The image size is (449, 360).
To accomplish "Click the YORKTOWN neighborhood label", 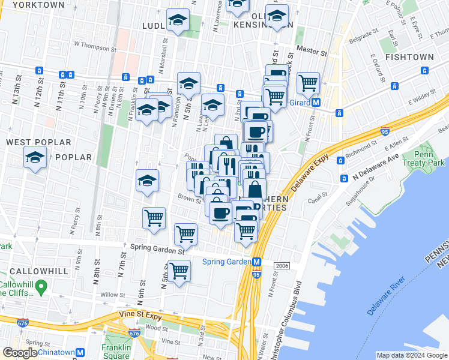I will click(x=38, y=5).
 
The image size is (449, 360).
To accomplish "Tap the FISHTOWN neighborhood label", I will click(x=409, y=57).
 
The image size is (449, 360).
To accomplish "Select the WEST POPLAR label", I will click(x=38, y=143).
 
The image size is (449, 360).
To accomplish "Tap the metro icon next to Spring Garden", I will click(x=256, y=262).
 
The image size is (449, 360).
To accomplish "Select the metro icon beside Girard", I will click(x=316, y=103).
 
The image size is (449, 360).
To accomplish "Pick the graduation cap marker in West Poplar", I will click(x=35, y=158).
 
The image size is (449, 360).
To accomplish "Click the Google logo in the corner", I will click(x=20, y=353).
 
